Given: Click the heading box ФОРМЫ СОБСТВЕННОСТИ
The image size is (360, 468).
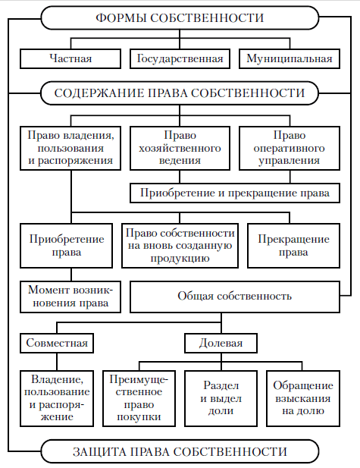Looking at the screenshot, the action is click(180, 17).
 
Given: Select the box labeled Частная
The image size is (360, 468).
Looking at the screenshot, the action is click(70, 59).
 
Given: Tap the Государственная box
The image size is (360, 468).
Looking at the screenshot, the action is click(180, 59).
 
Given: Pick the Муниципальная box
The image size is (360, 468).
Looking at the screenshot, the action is click(290, 59).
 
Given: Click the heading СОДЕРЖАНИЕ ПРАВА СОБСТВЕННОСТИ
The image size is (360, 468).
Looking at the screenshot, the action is click(180, 93).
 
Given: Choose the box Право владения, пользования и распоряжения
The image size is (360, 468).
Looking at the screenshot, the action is click(70, 149).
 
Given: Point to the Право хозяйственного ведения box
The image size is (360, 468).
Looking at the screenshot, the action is click(180, 149).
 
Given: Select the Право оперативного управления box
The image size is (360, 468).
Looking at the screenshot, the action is click(290, 149).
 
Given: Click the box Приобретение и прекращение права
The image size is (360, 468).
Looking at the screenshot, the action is click(235, 193).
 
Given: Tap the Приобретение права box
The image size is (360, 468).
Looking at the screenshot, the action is click(66, 246).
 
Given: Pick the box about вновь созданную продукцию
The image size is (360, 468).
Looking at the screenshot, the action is click(180, 246).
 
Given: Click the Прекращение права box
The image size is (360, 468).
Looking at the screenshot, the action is click(293, 246).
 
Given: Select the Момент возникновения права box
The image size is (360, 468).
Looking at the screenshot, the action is click(70, 297).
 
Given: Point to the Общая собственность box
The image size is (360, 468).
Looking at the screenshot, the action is click(235, 297).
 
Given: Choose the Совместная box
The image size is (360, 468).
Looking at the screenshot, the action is click(57, 344).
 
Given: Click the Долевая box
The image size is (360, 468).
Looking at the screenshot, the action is click(221, 344).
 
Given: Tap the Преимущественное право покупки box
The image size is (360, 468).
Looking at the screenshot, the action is click(139, 398).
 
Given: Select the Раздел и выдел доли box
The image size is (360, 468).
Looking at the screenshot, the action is click(221, 398).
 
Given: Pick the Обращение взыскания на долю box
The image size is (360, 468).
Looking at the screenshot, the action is click(303, 398).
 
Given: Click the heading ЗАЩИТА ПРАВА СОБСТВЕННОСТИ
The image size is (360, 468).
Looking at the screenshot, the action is click(180, 451).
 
